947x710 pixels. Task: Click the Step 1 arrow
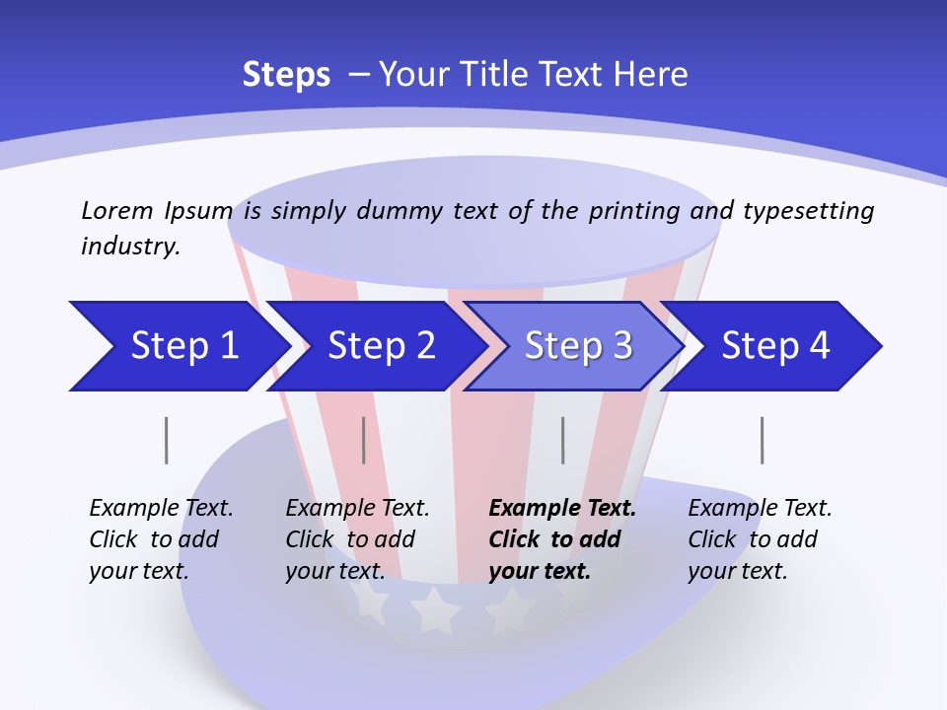click(178, 346)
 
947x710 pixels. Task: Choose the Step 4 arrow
click(774, 346)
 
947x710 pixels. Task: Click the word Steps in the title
click(286, 74)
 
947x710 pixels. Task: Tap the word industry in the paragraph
click(130, 246)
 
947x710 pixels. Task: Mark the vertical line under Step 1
click(167, 440)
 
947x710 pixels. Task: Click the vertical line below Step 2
click(364, 440)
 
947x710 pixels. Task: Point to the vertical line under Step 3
click(563, 440)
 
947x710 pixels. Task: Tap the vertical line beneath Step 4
click(763, 440)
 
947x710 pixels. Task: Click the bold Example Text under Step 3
click(562, 509)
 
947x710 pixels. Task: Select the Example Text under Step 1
click(161, 509)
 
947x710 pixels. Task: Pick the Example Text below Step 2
click(357, 509)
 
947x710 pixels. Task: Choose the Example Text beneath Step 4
click(760, 509)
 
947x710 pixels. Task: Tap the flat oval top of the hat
click(473, 212)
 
